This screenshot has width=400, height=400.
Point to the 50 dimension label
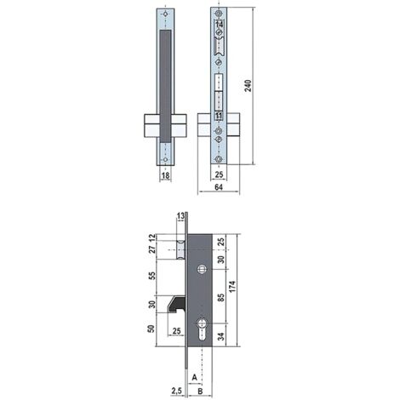point(151,329)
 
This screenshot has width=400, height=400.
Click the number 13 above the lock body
point(181,215)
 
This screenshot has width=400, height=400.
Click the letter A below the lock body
point(195,374)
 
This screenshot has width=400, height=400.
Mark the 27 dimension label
point(151,251)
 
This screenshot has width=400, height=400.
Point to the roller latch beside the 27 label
point(180,251)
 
